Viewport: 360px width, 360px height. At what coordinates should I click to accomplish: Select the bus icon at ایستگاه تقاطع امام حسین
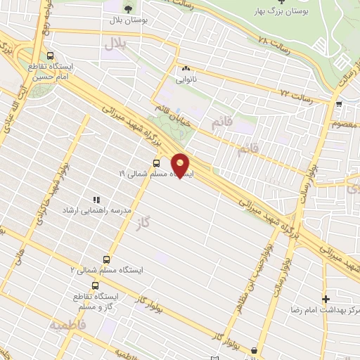[x=50, y=56]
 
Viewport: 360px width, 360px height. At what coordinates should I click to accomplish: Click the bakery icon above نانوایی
[x=186, y=69]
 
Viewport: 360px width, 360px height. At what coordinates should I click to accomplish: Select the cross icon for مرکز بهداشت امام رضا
[x=325, y=299]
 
